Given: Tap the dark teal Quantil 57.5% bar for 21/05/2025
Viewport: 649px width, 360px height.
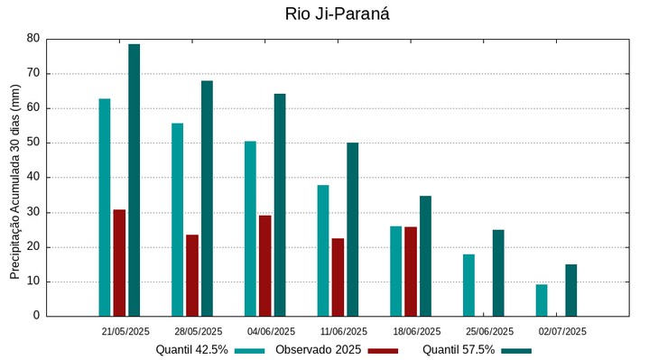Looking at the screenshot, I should pos(134,180).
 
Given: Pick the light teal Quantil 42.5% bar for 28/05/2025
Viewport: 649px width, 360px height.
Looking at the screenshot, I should pos(177,219).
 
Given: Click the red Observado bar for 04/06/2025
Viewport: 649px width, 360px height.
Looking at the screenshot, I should pos(264,265).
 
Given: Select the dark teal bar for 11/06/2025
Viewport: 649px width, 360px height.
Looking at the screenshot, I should pos(352,229).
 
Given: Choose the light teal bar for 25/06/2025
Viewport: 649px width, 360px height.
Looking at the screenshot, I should pos(468,285).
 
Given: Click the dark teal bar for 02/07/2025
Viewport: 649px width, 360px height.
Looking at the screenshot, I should pos(570,290).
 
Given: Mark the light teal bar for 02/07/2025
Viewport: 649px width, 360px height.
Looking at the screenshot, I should pos(542,300).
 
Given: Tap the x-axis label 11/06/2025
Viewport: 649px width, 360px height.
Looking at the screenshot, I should pos(344,331).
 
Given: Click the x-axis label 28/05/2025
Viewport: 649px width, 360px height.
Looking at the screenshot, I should pos(198,331).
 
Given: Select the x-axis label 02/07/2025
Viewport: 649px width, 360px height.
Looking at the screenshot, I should pos(562,331).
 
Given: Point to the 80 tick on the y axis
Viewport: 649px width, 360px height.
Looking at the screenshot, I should pos(33,39).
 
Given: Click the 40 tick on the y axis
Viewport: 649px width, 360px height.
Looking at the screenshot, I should pos(33,178).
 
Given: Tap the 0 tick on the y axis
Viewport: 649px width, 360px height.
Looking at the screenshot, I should pos(36,316).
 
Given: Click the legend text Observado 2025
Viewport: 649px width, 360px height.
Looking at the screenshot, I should pos(318,349).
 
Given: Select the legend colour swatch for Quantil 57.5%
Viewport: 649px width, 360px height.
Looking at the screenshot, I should pos(516,350).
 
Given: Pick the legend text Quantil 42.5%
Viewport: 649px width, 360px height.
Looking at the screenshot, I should pos(191,349).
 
